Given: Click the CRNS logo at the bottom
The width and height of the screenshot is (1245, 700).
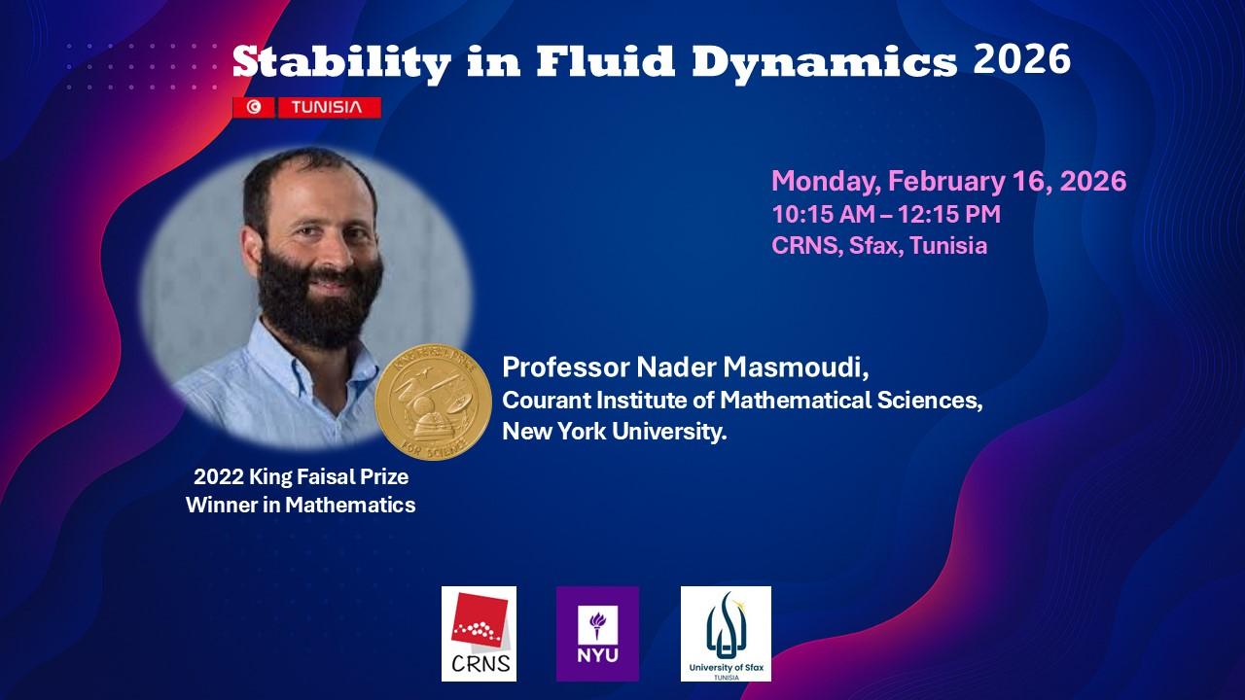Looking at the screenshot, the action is click(x=479, y=633).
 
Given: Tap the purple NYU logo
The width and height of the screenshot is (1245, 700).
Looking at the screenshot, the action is click(x=597, y=633).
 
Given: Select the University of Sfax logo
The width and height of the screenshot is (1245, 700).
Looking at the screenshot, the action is click(x=726, y=633).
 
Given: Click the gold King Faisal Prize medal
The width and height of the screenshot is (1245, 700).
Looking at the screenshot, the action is click(x=433, y=402).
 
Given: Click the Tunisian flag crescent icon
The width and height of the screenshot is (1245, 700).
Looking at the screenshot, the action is click(x=254, y=107).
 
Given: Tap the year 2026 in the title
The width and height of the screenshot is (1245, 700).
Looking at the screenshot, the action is click(x=1021, y=59).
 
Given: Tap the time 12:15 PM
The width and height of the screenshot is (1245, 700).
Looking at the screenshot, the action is click(x=949, y=215).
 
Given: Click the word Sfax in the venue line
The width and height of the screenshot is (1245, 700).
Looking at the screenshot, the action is click(x=876, y=246).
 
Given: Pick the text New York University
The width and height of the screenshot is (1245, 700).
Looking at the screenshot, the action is click(x=615, y=431).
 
